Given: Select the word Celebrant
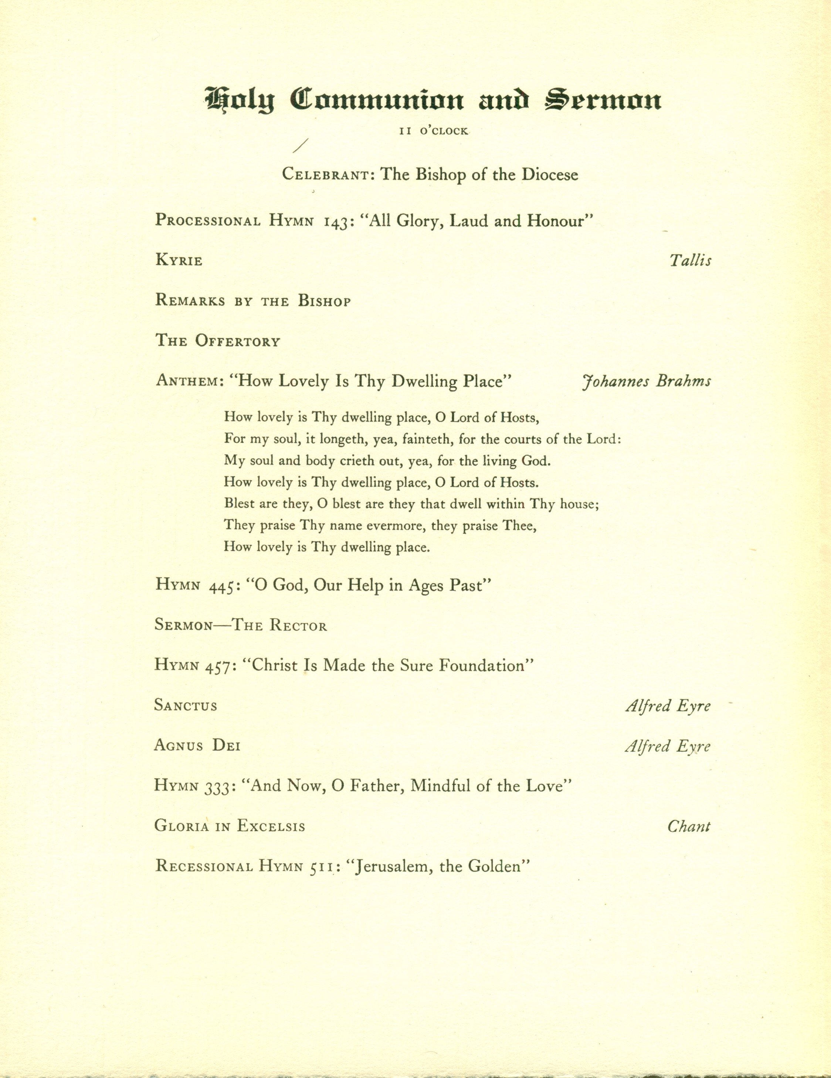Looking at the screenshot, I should point(327,175).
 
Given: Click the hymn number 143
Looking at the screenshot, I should point(336,221).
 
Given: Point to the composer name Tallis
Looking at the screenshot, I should point(690,261).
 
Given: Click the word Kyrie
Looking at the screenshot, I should point(179,261).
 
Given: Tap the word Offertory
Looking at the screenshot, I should point(237,341).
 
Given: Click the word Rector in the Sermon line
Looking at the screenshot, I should point(298,626).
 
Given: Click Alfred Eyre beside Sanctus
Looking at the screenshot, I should point(668,706).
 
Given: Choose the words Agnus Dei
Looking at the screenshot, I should point(197,746).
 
